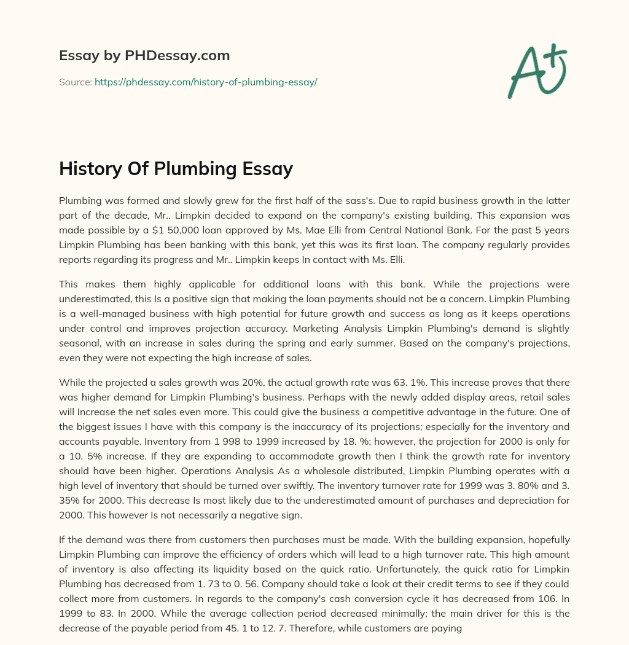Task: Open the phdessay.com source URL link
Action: point(206,82)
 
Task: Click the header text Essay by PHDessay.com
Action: point(144,56)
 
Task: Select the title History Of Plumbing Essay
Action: point(176,168)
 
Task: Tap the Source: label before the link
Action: point(76,82)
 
